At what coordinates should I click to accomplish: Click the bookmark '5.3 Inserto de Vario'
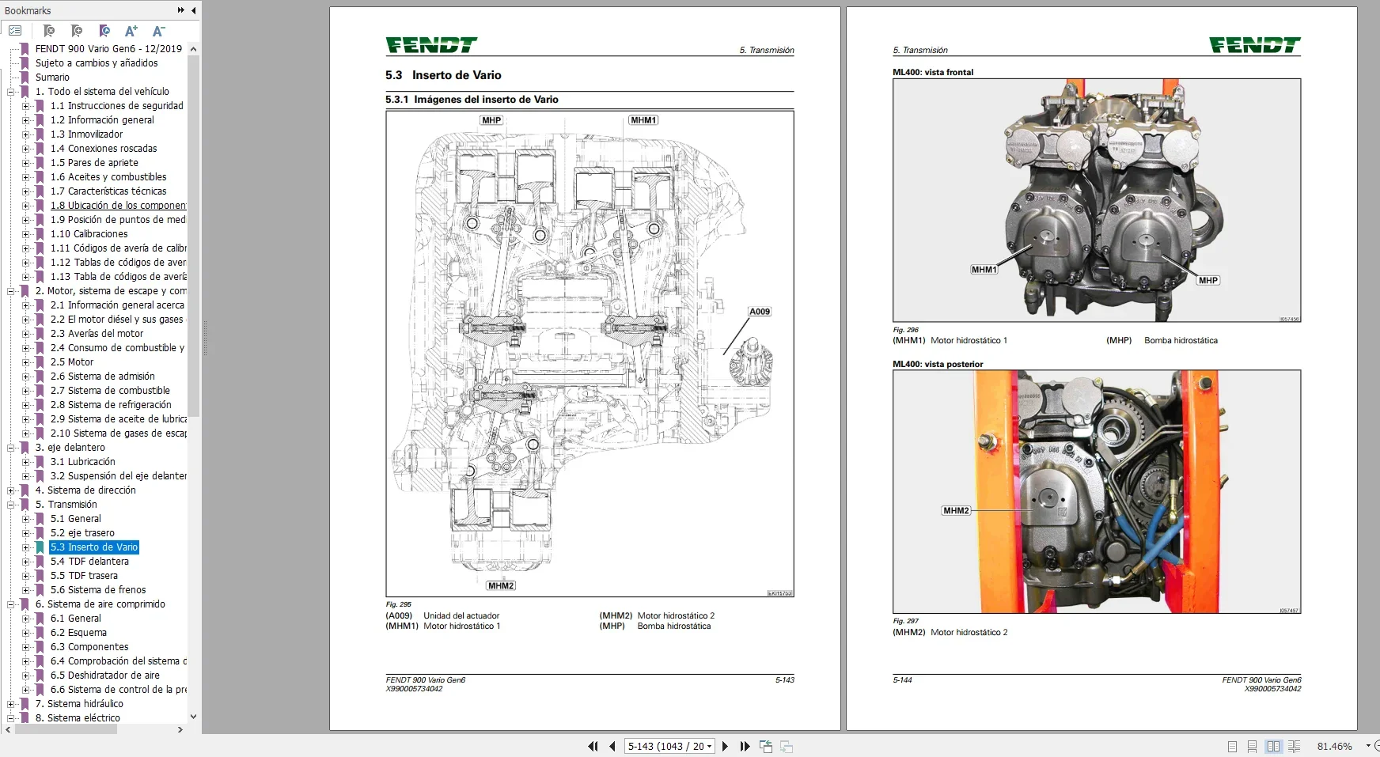pyautogui.click(x=94, y=547)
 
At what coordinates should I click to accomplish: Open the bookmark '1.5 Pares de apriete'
pyautogui.click(x=94, y=163)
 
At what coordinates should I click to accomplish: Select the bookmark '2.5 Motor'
pyautogui.click(x=72, y=362)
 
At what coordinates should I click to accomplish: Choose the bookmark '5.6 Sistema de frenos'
pyautogui.click(x=98, y=590)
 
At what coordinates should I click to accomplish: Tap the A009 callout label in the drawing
pyautogui.click(x=760, y=312)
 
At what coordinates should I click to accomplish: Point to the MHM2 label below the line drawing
pyautogui.click(x=501, y=586)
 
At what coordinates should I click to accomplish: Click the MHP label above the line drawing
pyautogui.click(x=491, y=120)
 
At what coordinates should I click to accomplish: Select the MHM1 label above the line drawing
pyautogui.click(x=643, y=120)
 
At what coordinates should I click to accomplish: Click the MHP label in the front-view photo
pyautogui.click(x=1207, y=281)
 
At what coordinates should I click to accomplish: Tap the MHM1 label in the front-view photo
pyautogui.click(x=984, y=270)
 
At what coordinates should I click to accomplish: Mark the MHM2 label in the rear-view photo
pyautogui.click(x=956, y=511)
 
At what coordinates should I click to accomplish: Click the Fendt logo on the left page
pyautogui.click(x=431, y=46)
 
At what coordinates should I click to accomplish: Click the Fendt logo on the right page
pyautogui.click(x=1254, y=46)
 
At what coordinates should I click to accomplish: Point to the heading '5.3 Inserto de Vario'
pyautogui.click(x=443, y=75)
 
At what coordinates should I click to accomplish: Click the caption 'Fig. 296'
pyautogui.click(x=906, y=330)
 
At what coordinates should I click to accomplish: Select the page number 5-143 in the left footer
pyautogui.click(x=784, y=680)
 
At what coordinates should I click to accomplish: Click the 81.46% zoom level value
pyautogui.click(x=1334, y=747)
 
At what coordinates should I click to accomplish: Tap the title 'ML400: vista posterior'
pyautogui.click(x=938, y=365)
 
